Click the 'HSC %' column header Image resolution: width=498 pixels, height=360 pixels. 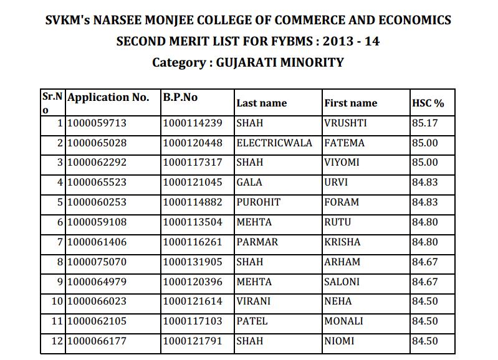428,103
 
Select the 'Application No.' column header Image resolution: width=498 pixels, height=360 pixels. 108,98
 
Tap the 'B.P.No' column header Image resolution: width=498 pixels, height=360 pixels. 180,98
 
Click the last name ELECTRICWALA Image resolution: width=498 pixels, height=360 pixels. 274,143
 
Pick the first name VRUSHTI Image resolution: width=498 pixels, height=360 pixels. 345,123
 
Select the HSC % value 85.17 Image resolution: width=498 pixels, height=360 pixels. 425,123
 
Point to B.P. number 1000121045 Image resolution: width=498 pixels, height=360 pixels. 192,182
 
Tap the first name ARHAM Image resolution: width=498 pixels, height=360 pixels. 342,262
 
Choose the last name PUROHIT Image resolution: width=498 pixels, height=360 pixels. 259,202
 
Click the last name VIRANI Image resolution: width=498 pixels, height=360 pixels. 254,301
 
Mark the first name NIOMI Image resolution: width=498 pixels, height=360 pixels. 340,341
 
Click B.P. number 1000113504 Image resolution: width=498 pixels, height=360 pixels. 192,222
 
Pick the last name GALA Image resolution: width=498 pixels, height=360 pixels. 249,182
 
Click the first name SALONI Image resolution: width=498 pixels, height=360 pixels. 342,282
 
